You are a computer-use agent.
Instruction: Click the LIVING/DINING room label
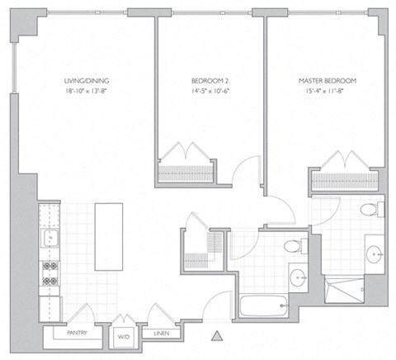[87, 80]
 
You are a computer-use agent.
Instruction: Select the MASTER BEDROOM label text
[328, 80]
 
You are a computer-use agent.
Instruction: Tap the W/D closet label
[125, 336]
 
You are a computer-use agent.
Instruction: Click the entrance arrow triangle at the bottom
[218, 335]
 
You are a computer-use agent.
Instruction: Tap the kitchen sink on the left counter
[49, 240]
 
